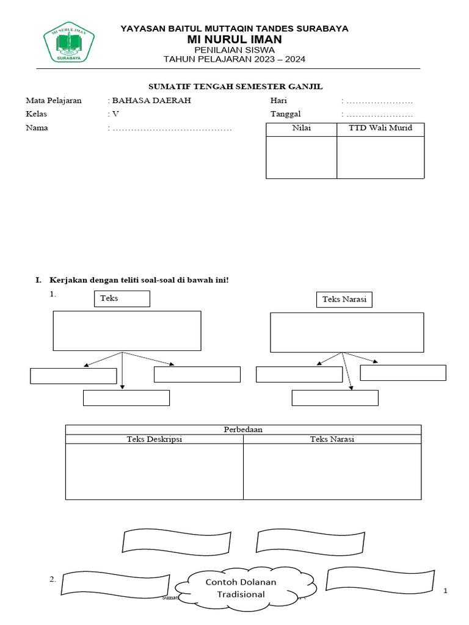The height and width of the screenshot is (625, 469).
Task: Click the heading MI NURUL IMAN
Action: point(234,39)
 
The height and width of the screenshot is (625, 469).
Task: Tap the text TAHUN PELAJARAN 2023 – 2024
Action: point(234,59)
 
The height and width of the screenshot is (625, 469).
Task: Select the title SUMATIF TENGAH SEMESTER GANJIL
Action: point(236,87)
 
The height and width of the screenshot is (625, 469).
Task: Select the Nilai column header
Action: point(301,129)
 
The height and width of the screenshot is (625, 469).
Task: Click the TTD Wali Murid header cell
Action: point(380,129)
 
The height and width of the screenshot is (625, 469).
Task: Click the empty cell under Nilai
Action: point(301,157)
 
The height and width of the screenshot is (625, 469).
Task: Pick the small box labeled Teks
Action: point(122,298)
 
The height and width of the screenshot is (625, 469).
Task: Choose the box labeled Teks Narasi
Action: point(344,299)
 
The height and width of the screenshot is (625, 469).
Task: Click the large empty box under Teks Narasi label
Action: point(347,332)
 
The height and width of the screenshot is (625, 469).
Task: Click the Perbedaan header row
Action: point(243,429)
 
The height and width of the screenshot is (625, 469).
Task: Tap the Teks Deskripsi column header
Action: point(155,439)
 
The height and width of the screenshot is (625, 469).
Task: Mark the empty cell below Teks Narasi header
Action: point(332,471)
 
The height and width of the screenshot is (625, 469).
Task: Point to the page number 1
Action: point(445,590)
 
